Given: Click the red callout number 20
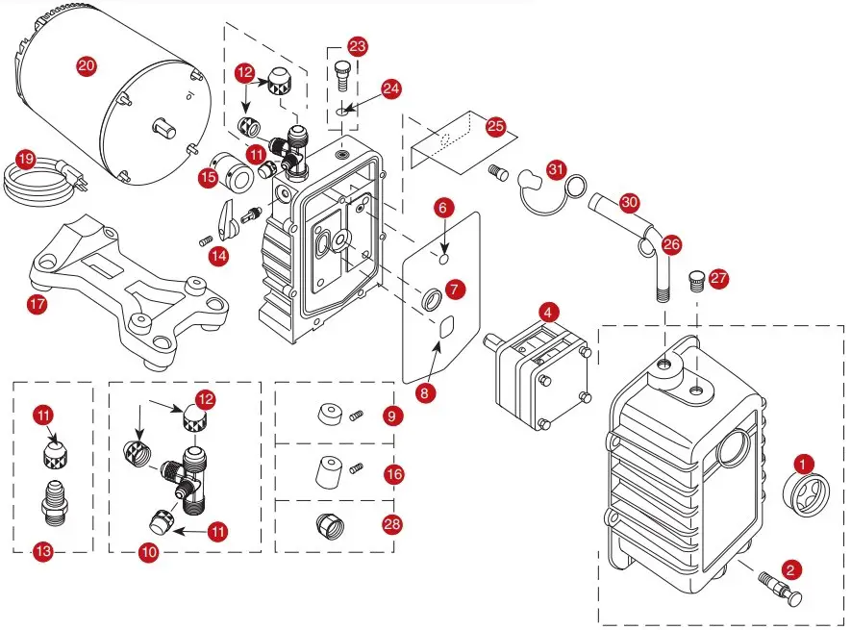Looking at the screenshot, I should click(x=87, y=65).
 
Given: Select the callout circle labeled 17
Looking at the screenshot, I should click(x=38, y=305).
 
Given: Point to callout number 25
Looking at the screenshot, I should click(x=495, y=127).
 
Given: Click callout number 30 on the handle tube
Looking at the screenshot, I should click(x=629, y=203).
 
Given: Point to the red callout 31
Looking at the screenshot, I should click(x=557, y=168).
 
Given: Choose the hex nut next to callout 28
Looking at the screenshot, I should click(x=328, y=524).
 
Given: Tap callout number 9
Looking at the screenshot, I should click(x=392, y=416).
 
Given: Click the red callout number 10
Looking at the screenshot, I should click(x=148, y=552).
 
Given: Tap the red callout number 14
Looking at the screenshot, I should click(x=220, y=255).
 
